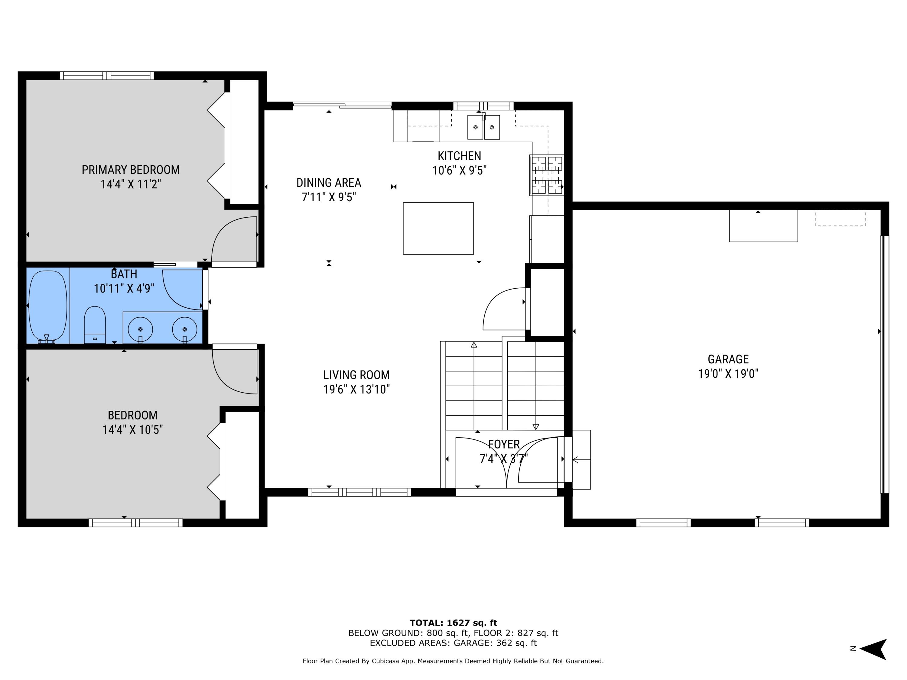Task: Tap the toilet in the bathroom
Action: (95, 324)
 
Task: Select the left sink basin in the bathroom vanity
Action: (141, 329)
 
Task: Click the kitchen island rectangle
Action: (438, 228)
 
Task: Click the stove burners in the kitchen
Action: (547, 175)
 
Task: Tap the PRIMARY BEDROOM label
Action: (130, 170)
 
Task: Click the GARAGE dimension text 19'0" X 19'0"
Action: (728, 374)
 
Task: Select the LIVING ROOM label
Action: (356, 375)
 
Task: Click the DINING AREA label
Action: (328, 183)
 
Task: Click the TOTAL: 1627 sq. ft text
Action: (453, 623)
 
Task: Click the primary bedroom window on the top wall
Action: (107, 76)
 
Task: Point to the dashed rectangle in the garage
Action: (840, 219)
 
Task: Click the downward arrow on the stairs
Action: (535, 426)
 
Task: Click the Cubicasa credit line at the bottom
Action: (453, 661)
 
